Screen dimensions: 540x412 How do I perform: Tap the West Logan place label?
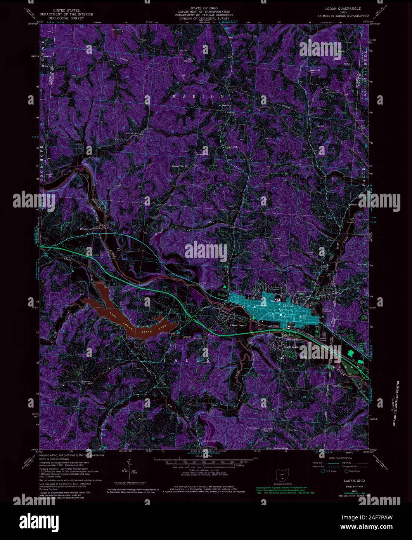point(239,325)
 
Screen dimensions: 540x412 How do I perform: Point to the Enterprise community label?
point(86,229)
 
